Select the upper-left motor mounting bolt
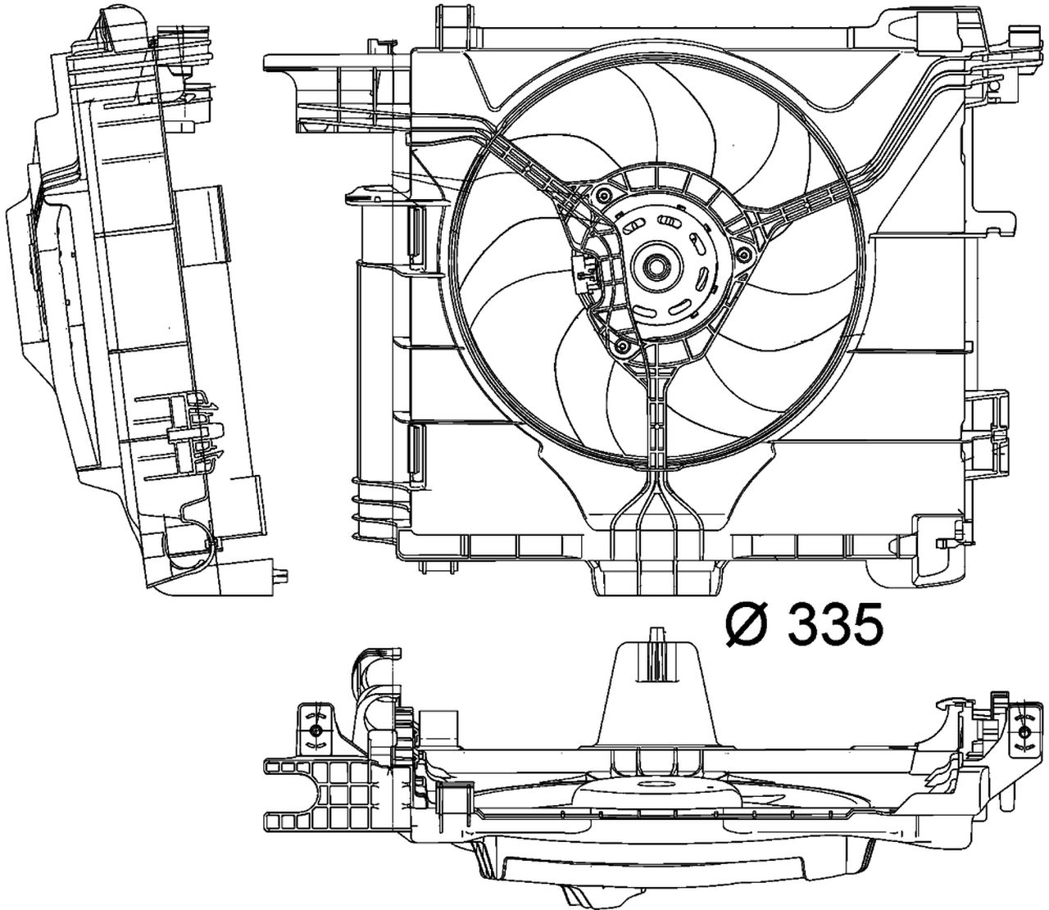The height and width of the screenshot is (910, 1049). tap(604, 194)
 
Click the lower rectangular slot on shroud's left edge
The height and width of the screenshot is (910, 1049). tap(416, 449)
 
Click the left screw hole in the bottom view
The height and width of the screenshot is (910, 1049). tap(313, 727)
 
